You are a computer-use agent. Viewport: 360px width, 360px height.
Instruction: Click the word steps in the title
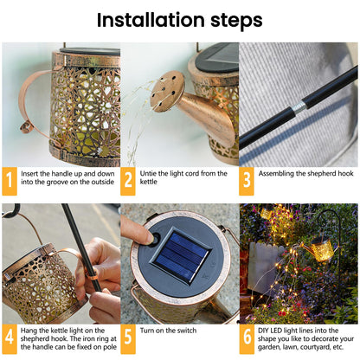231,21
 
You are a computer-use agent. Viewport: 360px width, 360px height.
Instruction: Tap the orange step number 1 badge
10,180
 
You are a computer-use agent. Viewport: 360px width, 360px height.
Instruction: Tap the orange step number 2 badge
128,180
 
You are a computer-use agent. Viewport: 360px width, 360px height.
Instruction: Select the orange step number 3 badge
247,180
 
